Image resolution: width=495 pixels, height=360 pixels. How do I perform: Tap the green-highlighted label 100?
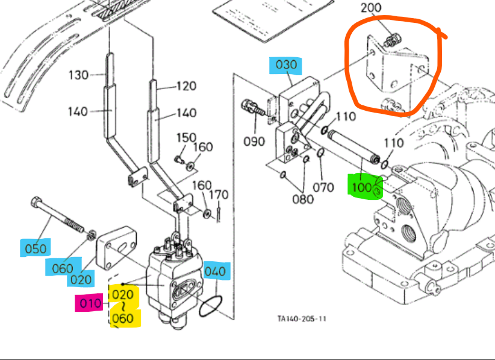[362, 187]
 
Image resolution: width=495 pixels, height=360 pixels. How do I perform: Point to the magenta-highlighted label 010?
[90, 303]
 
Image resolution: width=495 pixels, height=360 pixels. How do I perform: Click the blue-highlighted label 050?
[34, 248]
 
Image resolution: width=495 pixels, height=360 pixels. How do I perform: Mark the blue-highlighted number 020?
[81, 279]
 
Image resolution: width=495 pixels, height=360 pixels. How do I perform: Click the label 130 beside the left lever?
[79, 75]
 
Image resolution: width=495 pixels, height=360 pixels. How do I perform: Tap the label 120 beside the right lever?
[186, 86]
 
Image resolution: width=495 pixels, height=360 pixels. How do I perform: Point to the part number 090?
[254, 141]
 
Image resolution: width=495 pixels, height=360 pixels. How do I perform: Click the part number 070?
[323, 187]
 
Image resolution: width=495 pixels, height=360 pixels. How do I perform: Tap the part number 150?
[186, 138]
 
